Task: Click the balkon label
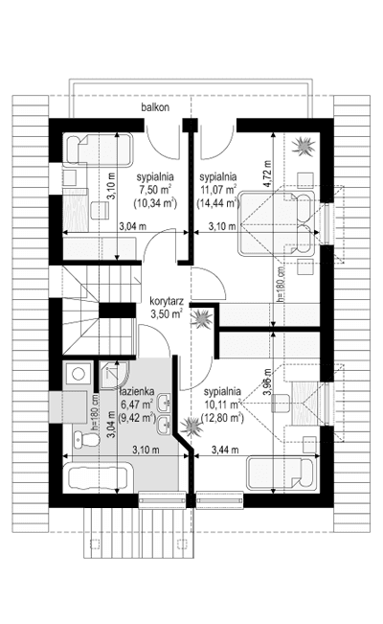click(x=155, y=107)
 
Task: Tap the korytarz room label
click(x=167, y=301)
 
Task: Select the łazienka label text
click(x=137, y=392)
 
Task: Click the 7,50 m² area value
click(x=154, y=190)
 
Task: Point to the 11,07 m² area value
click(x=217, y=190)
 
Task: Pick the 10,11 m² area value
click(x=221, y=404)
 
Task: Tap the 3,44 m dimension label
click(x=225, y=451)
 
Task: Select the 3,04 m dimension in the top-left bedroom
click(x=133, y=226)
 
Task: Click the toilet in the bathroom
click(x=87, y=439)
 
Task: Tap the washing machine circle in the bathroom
click(x=77, y=373)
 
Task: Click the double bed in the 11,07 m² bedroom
click(x=277, y=223)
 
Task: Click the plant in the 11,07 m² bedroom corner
click(x=304, y=146)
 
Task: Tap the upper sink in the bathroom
click(x=165, y=402)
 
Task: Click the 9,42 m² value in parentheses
click(x=137, y=418)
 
